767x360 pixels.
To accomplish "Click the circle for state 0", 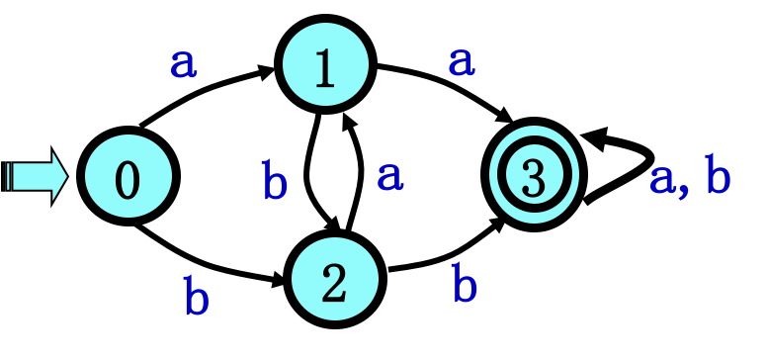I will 128,177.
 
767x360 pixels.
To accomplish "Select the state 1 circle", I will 325,64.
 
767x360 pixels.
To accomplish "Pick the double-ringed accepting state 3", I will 534,175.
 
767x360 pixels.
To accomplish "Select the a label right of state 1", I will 462,61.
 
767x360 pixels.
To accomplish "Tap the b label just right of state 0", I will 274,182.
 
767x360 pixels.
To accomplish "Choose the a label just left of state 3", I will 389,176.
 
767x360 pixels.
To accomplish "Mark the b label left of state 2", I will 196,297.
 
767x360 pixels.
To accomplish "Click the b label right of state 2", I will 465,284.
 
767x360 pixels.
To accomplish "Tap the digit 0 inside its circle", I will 128,180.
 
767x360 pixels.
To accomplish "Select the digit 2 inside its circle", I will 335,284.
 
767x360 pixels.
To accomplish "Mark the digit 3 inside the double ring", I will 534,178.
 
